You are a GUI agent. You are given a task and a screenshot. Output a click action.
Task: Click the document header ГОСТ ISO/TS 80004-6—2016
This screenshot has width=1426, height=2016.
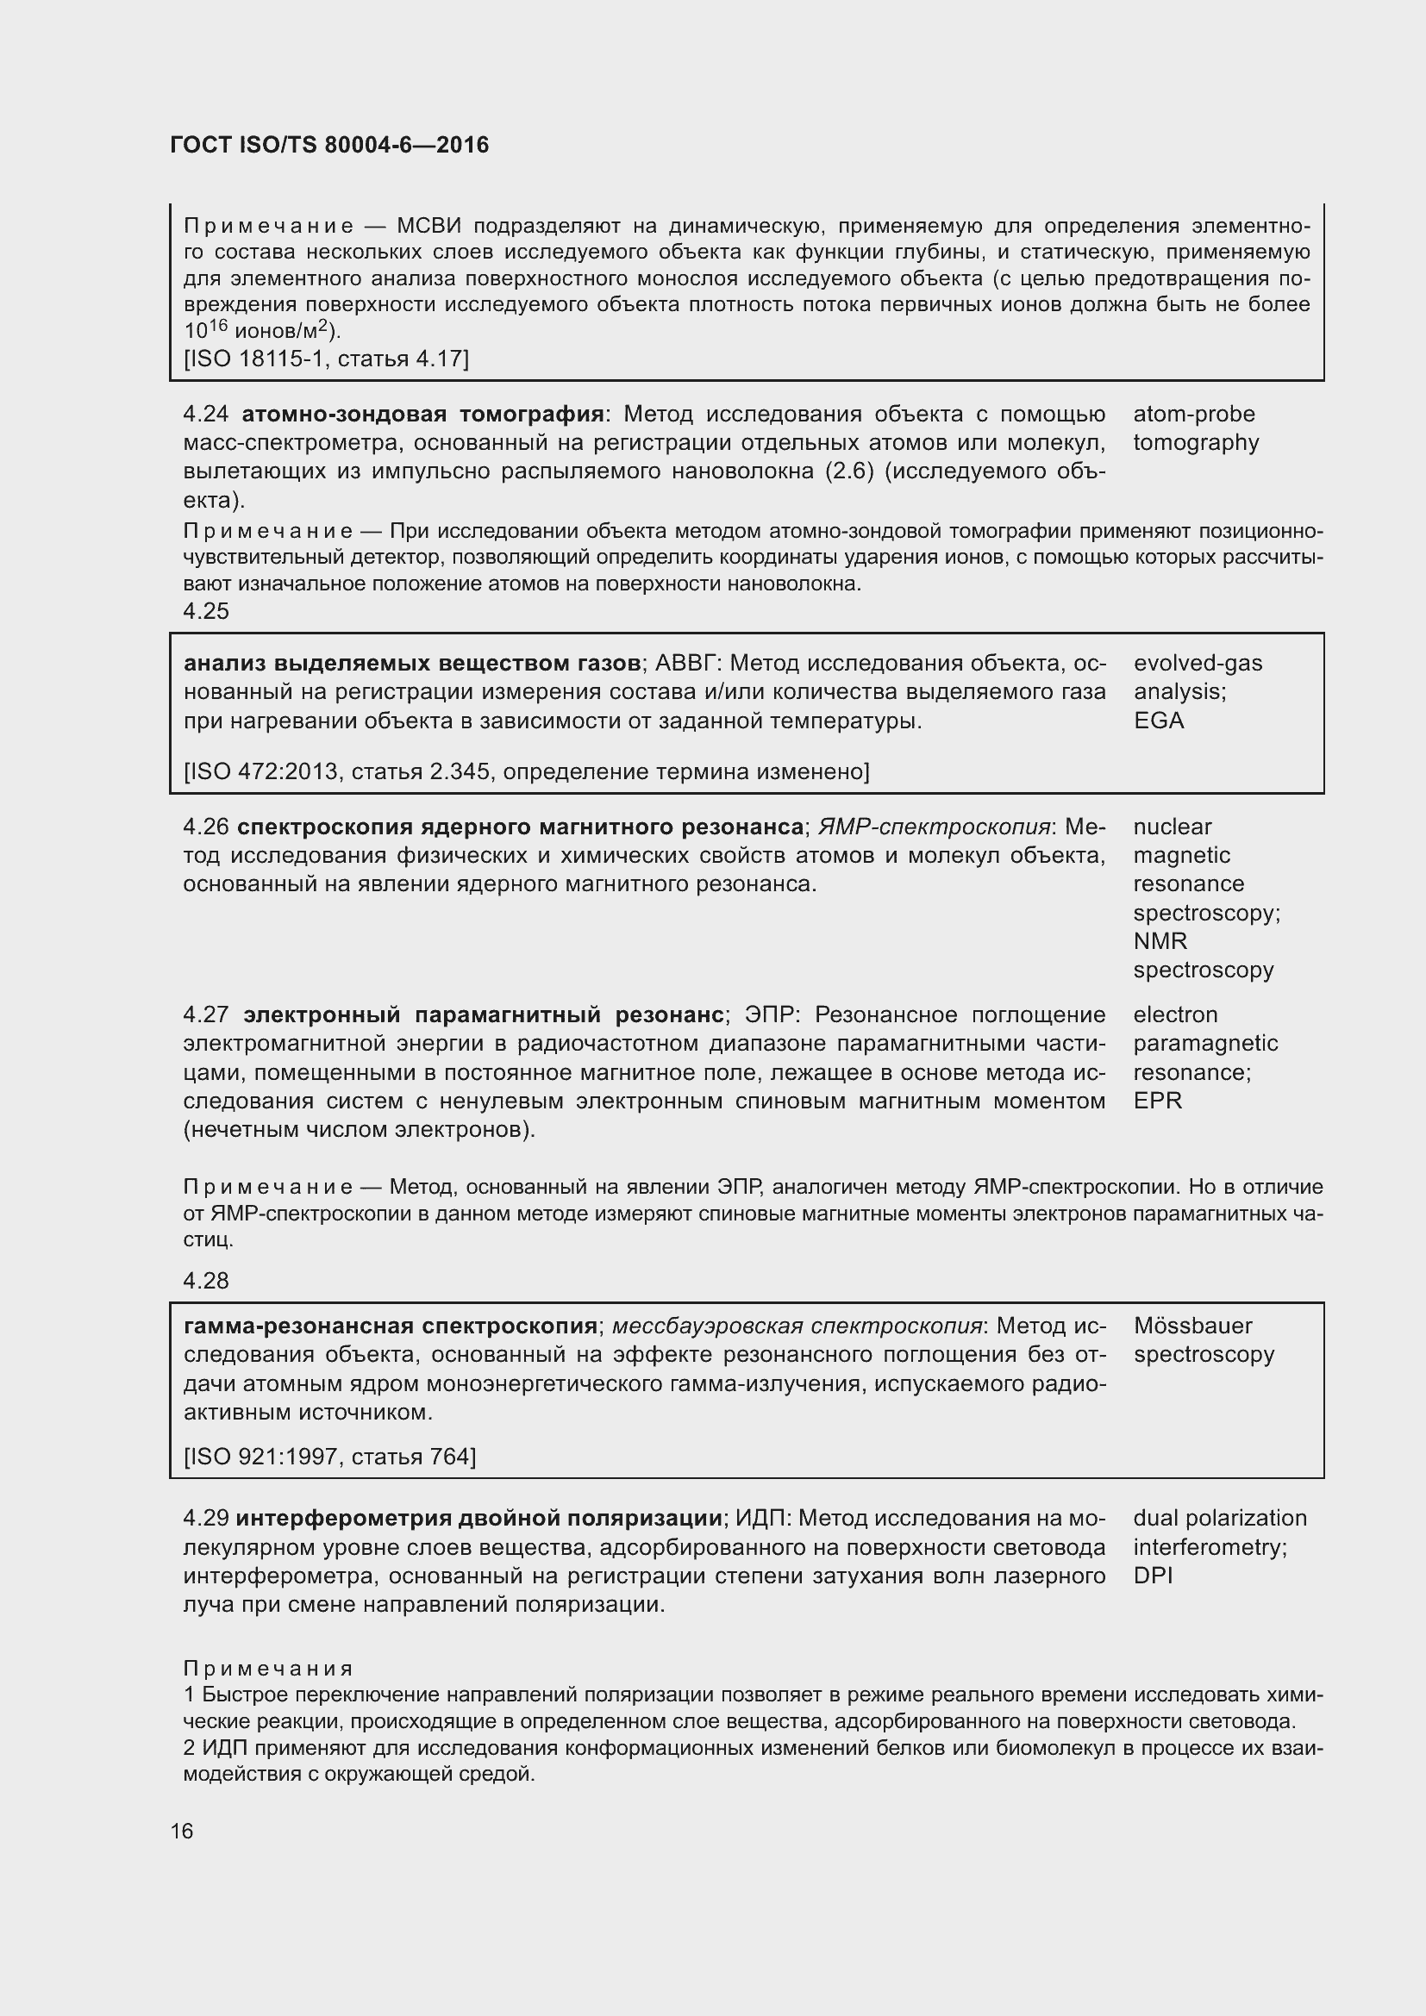pyautogui.click(x=329, y=146)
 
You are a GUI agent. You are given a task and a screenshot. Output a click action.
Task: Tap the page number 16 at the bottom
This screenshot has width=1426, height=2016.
pyautogui.click(x=182, y=1831)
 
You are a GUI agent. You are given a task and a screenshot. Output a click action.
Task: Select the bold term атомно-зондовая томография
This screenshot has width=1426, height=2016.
pyautogui.click(x=423, y=415)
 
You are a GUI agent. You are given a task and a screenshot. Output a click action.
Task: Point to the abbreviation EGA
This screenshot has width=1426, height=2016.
pyautogui.click(x=1158, y=721)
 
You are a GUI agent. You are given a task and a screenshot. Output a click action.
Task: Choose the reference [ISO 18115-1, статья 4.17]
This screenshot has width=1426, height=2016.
pyautogui.click(x=326, y=359)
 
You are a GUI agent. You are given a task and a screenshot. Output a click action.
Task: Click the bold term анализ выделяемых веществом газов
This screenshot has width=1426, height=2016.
pyautogui.click(x=412, y=663)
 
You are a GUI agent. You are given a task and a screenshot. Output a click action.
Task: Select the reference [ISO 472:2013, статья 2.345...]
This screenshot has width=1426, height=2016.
pyautogui.click(x=526, y=771)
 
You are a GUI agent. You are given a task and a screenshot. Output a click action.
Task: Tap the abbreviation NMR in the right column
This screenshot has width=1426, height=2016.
pyautogui.click(x=1159, y=941)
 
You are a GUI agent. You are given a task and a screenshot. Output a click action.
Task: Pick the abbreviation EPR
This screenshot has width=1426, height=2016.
pyautogui.click(x=1157, y=1101)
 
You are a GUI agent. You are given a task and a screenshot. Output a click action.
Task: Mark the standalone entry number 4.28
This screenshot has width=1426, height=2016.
pyautogui.click(x=205, y=1281)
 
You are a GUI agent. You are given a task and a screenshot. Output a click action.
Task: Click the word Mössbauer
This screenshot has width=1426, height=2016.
pyautogui.click(x=1192, y=1326)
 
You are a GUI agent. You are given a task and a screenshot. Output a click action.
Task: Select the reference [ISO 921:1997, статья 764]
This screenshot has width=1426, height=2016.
pyautogui.click(x=329, y=1457)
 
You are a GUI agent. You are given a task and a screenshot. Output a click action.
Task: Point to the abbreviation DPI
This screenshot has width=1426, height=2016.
pyautogui.click(x=1152, y=1576)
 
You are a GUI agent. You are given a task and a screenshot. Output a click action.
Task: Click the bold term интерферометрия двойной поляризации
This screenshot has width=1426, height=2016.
pyautogui.click(x=479, y=1518)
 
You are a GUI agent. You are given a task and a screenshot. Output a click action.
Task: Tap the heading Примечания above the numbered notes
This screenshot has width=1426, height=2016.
pyautogui.click(x=268, y=1669)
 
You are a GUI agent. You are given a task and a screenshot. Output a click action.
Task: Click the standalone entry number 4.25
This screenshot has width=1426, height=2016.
pyautogui.click(x=205, y=612)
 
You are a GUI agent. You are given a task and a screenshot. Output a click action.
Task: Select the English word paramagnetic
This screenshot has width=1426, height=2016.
pyautogui.click(x=1204, y=1044)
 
